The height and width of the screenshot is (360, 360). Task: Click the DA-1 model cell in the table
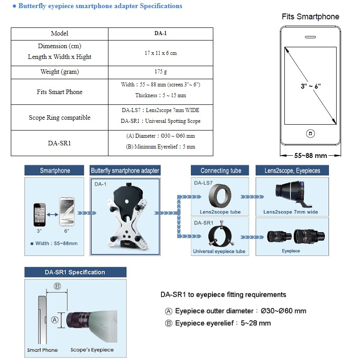[x=161, y=33]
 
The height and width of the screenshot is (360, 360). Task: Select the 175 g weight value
[x=161, y=72]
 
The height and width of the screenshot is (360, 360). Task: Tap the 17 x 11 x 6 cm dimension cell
[x=161, y=53]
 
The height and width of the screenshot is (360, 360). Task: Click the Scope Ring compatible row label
[x=59, y=117]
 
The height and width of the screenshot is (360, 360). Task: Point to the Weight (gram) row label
[x=59, y=72]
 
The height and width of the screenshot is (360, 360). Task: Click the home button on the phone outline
[x=310, y=133]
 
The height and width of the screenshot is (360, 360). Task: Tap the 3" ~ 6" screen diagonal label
[x=310, y=86]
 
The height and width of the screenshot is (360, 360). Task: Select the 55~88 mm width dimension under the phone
[x=310, y=155]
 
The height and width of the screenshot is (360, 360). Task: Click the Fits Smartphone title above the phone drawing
[x=310, y=17]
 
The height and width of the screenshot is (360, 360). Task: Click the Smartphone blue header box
[x=55, y=171]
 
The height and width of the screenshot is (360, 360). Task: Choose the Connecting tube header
[x=220, y=171]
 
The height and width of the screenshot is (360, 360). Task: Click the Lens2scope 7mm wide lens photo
[x=292, y=193]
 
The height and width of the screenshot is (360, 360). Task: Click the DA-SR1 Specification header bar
[x=75, y=272]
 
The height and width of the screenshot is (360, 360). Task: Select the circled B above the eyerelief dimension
[x=57, y=286]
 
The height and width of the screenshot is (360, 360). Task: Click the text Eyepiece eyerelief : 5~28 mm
[x=223, y=323]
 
